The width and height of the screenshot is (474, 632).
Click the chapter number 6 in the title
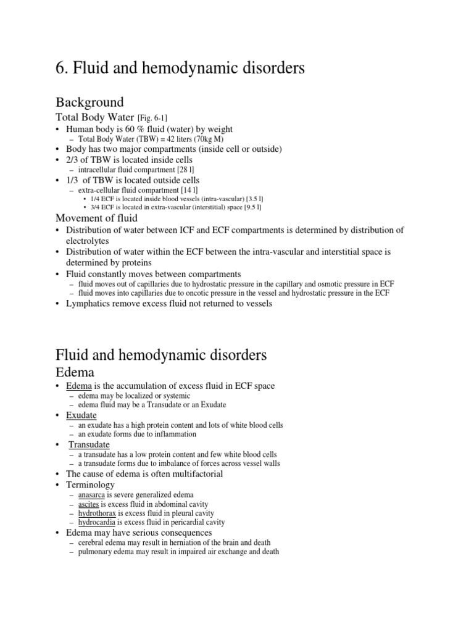point(60,69)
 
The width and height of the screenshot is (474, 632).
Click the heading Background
point(89,102)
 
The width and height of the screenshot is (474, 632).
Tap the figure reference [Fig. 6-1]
point(149,118)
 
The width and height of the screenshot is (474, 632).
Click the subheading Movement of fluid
point(96,218)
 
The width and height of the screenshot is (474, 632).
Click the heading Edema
point(75,372)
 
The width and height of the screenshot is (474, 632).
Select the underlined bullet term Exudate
point(81,415)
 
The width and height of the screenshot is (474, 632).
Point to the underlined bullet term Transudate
point(89,444)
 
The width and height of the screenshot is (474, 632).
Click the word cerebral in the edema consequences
point(92,543)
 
